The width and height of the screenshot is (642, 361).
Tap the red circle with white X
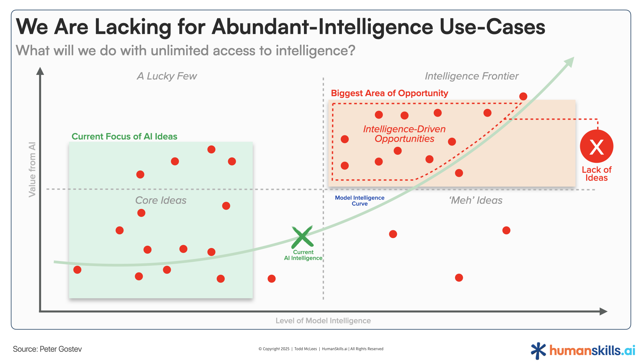point(597,147)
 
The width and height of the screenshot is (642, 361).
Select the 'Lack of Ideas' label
point(597,174)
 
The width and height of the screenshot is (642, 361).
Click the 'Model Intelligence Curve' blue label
point(359,201)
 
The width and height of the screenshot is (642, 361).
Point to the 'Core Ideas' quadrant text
point(161,200)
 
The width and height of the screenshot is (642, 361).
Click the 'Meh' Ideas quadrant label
point(475,200)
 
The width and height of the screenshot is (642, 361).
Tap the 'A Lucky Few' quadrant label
point(167,76)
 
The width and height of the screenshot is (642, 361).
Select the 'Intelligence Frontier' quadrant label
point(471,76)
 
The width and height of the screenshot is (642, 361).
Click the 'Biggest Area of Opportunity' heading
point(389,93)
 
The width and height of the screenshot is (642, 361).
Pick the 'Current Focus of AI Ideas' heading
point(124,136)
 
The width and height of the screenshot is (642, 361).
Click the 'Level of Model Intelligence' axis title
point(323,321)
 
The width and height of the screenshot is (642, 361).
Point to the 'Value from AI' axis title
point(32,169)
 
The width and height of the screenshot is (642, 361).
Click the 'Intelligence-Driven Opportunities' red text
point(404,134)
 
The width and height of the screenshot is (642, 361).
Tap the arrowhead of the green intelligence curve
point(570,62)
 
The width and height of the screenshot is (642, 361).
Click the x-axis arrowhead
point(604,312)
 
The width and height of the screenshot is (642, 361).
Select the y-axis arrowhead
point(40,71)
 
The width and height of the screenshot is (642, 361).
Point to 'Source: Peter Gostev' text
point(47,349)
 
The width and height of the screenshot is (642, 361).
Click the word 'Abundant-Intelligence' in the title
point(322,27)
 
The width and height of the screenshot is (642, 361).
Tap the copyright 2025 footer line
point(321,349)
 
